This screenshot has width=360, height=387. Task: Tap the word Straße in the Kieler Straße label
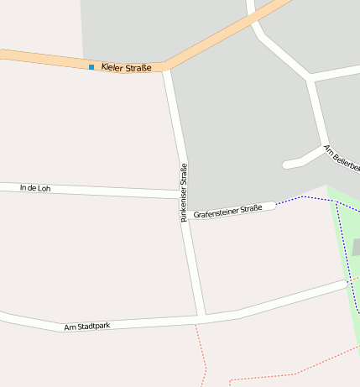tap(138, 67)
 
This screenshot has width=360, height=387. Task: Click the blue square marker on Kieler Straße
tap(91, 66)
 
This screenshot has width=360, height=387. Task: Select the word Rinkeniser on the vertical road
tap(184, 205)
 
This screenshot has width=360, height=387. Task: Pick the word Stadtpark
tap(92, 325)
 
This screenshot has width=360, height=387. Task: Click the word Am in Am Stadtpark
tap(70, 327)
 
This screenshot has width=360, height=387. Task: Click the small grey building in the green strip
tap(356, 247)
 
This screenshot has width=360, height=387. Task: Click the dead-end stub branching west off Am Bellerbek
tap(290, 164)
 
